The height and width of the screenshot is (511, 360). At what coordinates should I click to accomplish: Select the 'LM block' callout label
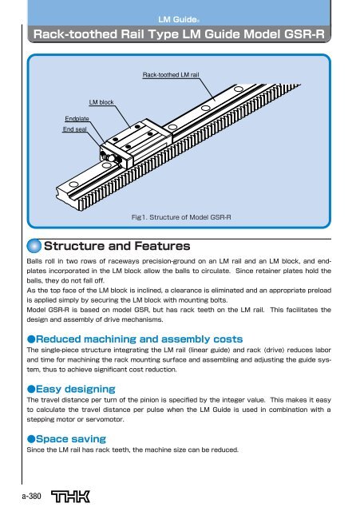(103, 103)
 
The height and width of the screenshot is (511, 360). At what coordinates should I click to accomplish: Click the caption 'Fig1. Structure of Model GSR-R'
(180, 216)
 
